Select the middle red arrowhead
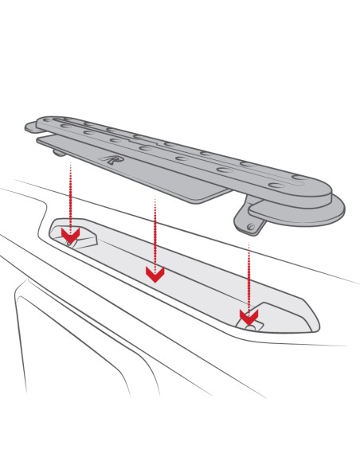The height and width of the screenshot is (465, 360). point(155,274)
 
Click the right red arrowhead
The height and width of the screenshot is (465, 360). point(248,317)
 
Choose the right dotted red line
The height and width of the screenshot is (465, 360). point(248,275)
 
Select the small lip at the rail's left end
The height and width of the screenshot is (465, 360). point(31,126)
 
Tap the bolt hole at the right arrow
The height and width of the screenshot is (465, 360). point(252,326)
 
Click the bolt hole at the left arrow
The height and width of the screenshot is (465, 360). point(70,242)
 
